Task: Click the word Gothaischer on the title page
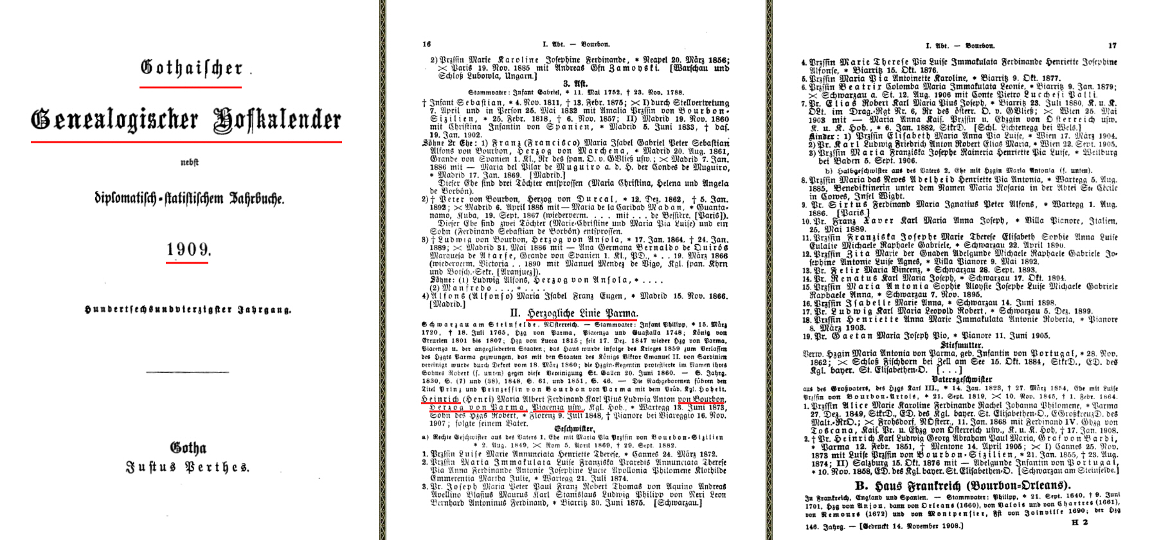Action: (x=192, y=67)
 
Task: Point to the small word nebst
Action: (x=189, y=163)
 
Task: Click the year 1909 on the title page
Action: (x=188, y=249)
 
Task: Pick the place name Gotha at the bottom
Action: (x=188, y=447)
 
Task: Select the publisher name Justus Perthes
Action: (x=188, y=467)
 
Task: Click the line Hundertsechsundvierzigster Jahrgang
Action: (x=188, y=309)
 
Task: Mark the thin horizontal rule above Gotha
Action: (x=187, y=372)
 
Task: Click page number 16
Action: (x=427, y=44)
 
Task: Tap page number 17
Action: (x=1112, y=46)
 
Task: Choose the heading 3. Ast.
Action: (x=575, y=84)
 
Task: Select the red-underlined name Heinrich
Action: (x=440, y=399)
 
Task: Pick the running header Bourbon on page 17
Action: (x=980, y=46)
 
